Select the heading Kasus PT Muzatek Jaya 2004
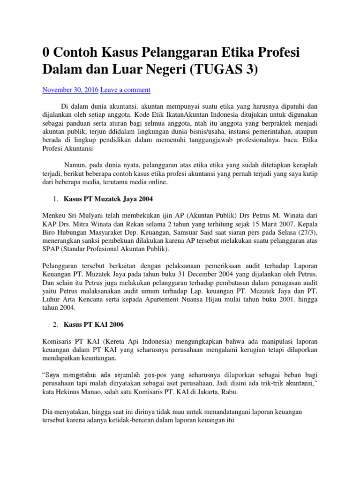point(109,199)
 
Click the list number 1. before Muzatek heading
point(55,199)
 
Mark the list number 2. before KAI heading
point(55,324)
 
